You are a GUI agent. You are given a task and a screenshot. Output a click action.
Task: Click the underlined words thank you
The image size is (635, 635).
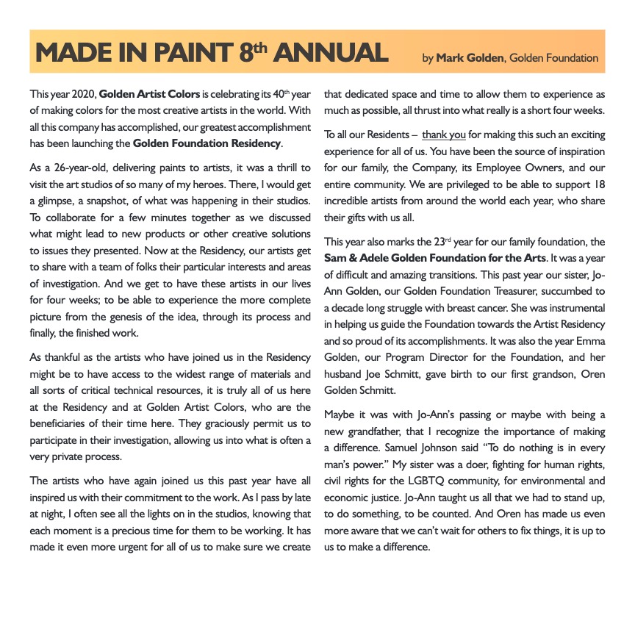(x=444, y=134)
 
